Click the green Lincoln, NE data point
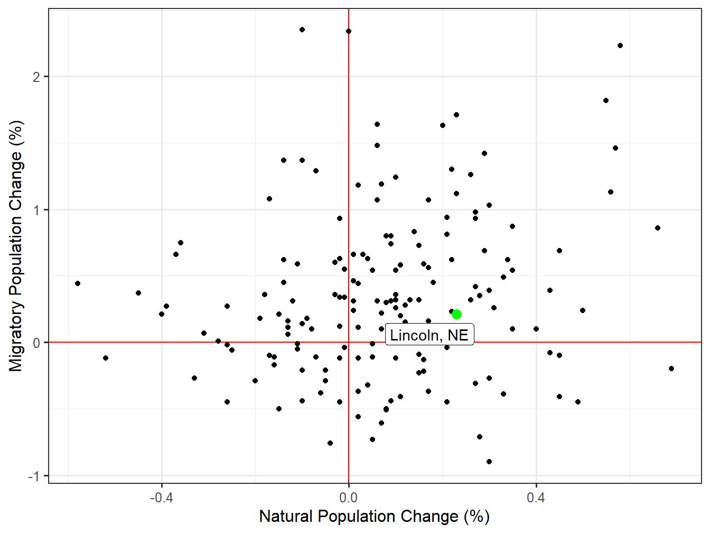[x=457, y=315]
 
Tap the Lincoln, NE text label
[x=429, y=335]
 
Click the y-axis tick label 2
[x=36, y=77]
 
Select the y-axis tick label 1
[x=36, y=210]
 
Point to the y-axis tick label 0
[x=36, y=343]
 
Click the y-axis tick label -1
[x=33, y=476]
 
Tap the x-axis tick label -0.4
[x=162, y=498]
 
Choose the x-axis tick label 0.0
[x=349, y=498]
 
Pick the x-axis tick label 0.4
[x=536, y=498]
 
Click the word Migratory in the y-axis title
[x=16, y=336]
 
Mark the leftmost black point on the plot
[x=78, y=283]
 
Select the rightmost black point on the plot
[x=671, y=369]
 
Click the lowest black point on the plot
[x=489, y=462]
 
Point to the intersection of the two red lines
[x=349, y=343]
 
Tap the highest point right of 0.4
[x=620, y=45]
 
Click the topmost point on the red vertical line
[x=349, y=31]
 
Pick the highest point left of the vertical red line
[x=302, y=30]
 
